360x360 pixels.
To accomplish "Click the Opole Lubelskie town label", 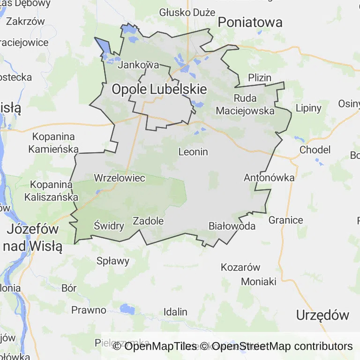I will coord(159,89).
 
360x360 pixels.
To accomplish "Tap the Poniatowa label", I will coord(250,22).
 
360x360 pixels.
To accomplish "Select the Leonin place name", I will coord(193,152).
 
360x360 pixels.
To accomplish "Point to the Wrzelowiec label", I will coord(120,178).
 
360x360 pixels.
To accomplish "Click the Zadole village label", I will coord(148,221).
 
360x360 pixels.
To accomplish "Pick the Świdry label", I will coord(109,226).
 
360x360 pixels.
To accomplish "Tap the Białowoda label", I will coord(232,226).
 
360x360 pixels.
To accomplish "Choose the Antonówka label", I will coord(269,178).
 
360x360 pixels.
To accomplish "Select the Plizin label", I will coord(260,78).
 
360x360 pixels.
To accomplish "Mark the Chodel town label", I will coord(315,150).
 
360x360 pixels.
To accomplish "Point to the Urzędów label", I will coord(322,315).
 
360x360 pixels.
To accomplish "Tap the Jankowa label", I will coord(138,65).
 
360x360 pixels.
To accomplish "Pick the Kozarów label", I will coord(240,268).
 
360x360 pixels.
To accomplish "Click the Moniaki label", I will coord(259,282).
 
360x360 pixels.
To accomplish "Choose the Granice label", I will coord(285,220).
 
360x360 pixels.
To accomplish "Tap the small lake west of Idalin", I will coord(127,308).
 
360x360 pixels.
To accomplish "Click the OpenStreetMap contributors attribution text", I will coord(282,346).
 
